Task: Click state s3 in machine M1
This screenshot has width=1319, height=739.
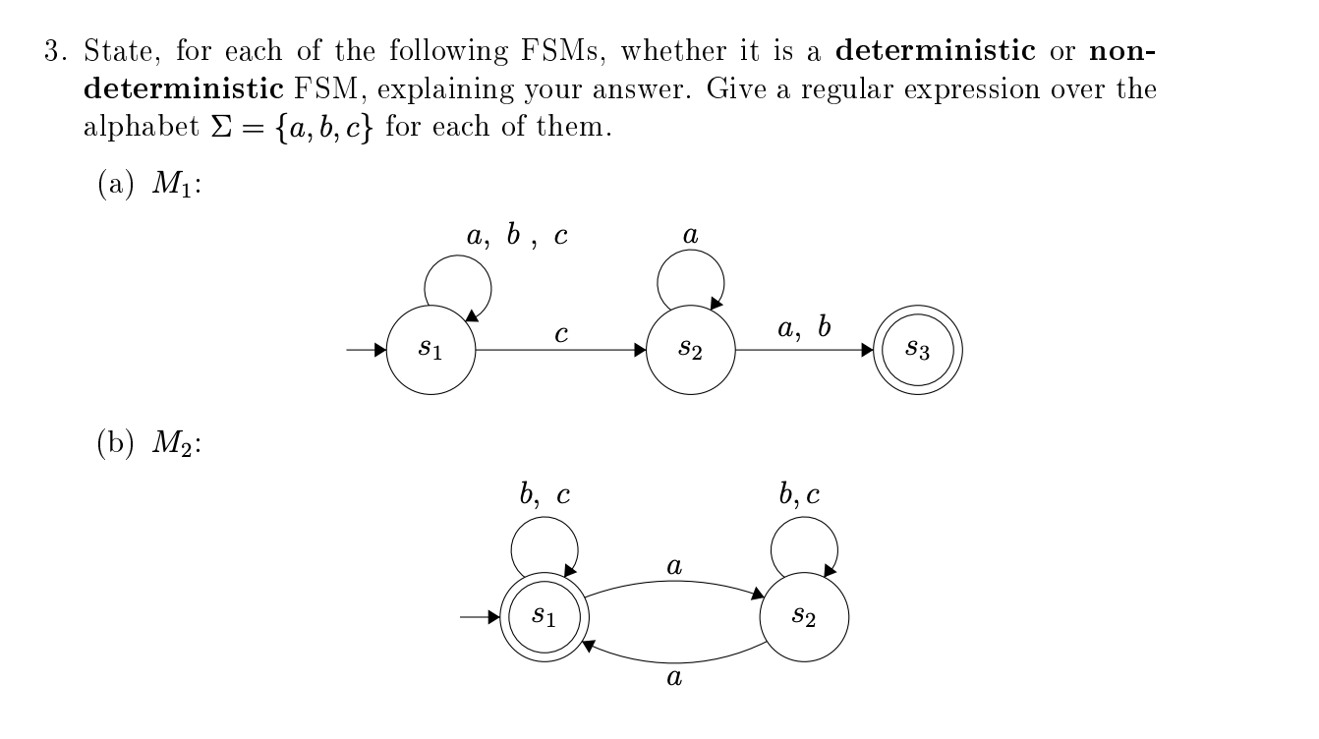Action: [918, 350]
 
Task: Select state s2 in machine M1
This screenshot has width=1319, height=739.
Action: [691, 350]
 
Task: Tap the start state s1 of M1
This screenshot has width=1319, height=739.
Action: [430, 350]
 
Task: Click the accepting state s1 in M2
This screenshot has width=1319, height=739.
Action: [544, 617]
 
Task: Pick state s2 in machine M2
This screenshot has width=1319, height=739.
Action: [804, 617]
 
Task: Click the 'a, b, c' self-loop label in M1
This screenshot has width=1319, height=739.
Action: [517, 236]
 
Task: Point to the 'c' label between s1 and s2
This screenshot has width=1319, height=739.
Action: [560, 335]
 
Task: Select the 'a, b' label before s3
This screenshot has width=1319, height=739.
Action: [804, 328]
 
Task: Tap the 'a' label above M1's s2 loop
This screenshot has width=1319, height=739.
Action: [690, 236]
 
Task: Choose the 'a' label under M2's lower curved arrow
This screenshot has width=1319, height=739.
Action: [674, 677]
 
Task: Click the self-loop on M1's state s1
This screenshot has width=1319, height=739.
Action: [458, 285]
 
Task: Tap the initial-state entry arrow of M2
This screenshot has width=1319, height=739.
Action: [480, 617]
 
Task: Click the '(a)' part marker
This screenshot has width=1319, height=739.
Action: [114, 186]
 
